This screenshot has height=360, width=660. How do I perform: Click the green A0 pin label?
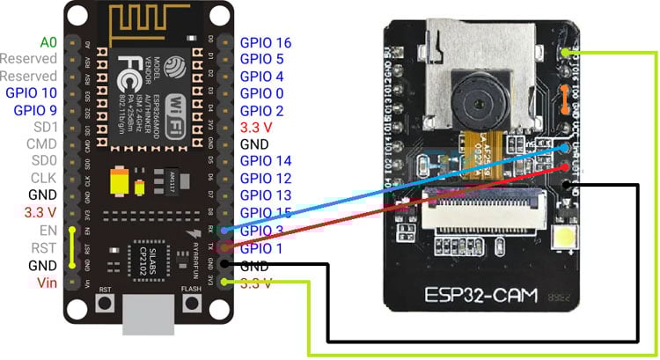click(48, 41)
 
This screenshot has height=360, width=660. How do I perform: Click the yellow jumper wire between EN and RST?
click(70, 247)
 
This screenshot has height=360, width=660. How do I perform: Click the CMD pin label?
click(40, 143)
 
